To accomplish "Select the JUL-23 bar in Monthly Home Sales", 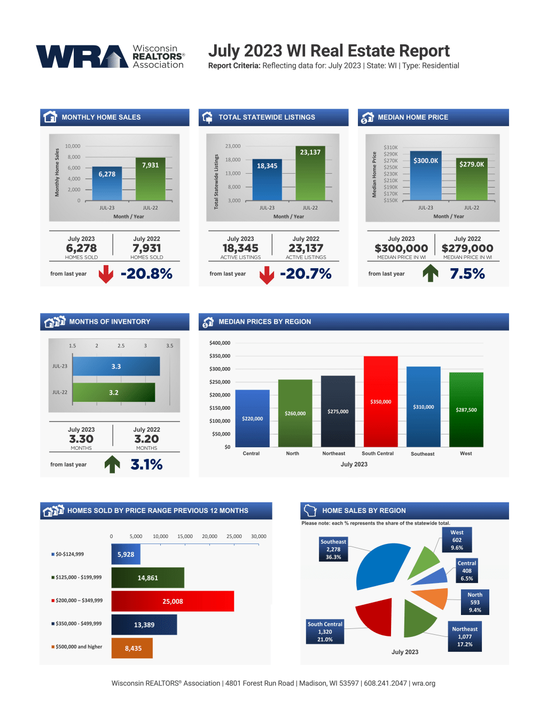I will click(x=107, y=183).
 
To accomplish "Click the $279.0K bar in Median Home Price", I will click(x=472, y=179).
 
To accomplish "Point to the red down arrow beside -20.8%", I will click(x=106, y=274).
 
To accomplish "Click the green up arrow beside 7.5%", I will click(x=431, y=274).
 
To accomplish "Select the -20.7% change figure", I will click(x=306, y=274).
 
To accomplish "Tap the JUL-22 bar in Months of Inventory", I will click(x=114, y=392).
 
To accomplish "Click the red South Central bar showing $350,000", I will click(x=381, y=401).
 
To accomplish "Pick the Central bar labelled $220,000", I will click(x=252, y=418).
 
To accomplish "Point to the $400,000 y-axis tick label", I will click(x=220, y=343).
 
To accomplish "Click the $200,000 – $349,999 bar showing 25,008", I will click(x=173, y=601).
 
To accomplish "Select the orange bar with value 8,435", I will click(x=132, y=648).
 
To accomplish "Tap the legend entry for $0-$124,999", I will click(x=68, y=554).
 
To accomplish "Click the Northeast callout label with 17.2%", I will click(x=465, y=636).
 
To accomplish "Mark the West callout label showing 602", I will click(x=457, y=540).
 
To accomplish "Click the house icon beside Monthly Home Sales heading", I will click(x=50, y=117).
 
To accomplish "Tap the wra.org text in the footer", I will click(x=424, y=683).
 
